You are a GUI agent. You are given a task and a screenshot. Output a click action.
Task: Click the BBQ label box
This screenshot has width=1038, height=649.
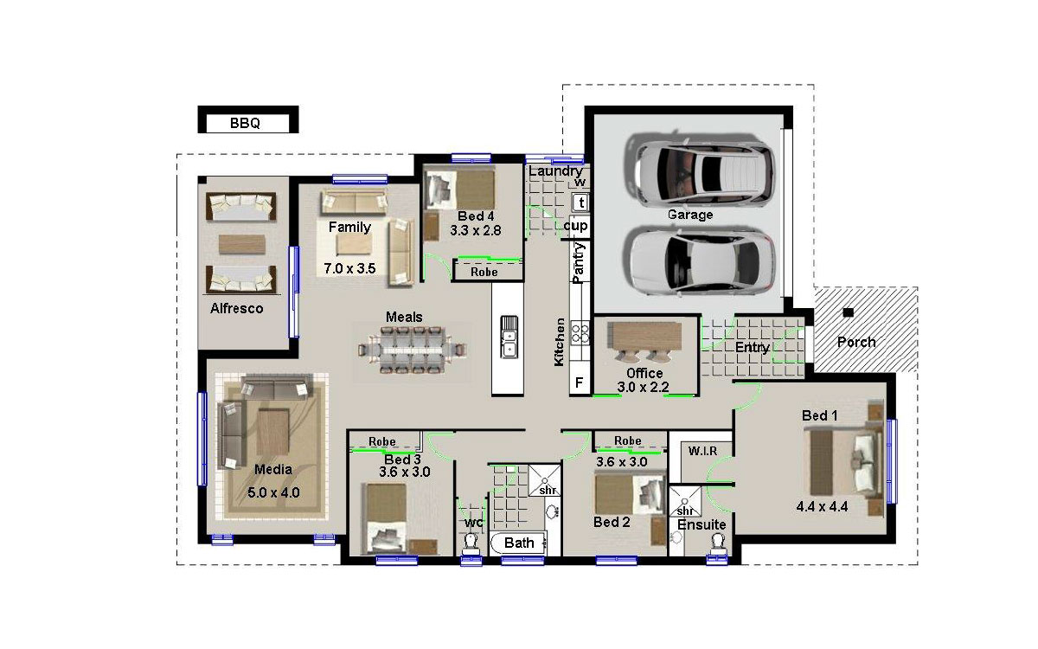click(x=248, y=119)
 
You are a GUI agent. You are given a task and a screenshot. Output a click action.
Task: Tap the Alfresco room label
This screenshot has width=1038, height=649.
click(x=237, y=308)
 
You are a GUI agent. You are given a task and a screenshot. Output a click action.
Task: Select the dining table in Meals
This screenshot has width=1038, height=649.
click(x=412, y=350)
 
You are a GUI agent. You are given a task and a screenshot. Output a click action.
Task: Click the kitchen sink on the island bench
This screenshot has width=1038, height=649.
click(x=509, y=337)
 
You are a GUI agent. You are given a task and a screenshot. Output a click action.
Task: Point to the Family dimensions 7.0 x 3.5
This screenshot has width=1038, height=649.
click(x=349, y=268)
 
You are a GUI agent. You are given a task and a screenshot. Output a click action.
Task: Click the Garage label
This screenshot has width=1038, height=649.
click(x=690, y=215)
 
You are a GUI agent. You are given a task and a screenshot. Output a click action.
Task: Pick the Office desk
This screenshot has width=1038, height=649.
click(x=644, y=337)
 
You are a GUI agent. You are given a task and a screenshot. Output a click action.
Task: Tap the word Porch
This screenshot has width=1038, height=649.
click(x=856, y=342)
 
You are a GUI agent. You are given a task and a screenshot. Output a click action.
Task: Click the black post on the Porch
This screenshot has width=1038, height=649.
click(x=848, y=312)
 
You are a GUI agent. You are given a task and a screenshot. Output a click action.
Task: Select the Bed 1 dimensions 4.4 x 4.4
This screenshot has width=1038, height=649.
click(x=822, y=507)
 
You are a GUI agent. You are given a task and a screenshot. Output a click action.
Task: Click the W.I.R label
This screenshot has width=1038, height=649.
click(x=702, y=451)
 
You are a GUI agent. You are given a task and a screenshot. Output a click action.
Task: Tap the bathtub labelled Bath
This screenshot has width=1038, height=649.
click(x=518, y=543)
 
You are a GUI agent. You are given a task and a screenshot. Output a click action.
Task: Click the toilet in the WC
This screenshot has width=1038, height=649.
click(x=471, y=543)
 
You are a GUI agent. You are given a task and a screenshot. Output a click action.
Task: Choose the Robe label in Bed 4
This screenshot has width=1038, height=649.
click(x=484, y=272)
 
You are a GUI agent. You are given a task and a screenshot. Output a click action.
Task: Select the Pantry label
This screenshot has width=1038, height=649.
click(x=579, y=263)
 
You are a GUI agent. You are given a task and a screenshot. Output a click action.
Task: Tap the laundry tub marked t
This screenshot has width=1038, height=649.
click(x=581, y=202)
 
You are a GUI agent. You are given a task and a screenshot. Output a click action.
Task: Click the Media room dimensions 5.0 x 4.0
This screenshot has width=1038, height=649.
click(x=273, y=492)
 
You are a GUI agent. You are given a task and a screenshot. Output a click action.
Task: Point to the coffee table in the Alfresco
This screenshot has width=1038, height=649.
click(x=242, y=244)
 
